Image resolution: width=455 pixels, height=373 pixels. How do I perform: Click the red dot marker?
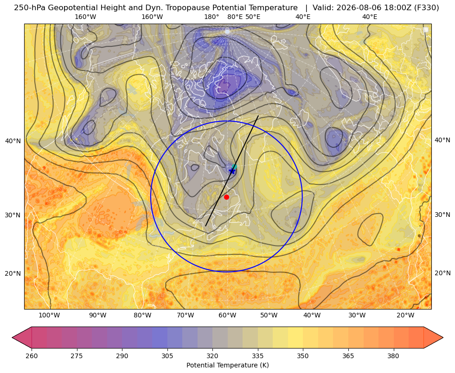(x=227, y=197)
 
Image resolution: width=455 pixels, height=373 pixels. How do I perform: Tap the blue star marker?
(x=232, y=171)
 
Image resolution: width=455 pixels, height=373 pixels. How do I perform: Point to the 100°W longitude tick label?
(x=49, y=316)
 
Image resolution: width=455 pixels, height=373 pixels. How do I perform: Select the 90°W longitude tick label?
(x=97, y=316)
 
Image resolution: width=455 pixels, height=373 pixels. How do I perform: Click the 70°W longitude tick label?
(x=185, y=316)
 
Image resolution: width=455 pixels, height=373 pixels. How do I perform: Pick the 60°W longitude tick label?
(x=227, y=316)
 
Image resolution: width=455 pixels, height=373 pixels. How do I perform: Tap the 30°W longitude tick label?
(x=357, y=316)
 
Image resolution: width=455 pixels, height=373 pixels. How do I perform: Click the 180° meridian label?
(x=211, y=17)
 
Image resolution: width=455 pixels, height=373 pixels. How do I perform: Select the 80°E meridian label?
(x=235, y=17)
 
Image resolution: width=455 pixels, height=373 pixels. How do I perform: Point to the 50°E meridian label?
(x=253, y=17)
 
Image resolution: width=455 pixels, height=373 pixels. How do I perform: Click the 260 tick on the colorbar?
(x=32, y=356)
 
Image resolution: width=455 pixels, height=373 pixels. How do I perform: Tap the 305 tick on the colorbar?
(x=167, y=356)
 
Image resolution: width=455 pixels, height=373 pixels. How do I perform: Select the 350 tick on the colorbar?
(x=303, y=356)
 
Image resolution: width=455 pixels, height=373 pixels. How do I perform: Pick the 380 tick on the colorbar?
(x=393, y=356)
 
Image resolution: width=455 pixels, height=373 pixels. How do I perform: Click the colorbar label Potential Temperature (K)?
(x=227, y=365)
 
